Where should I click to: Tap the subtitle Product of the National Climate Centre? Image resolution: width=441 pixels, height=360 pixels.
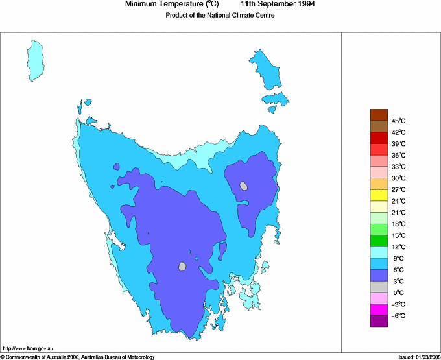pyautogui.click(x=220, y=16)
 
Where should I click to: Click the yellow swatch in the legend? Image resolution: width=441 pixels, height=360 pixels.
pyautogui.click(x=379, y=195)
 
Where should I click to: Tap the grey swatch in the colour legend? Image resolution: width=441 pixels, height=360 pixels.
pyautogui.click(x=379, y=287)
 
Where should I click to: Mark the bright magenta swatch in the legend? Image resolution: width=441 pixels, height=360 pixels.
pyautogui.click(x=379, y=309)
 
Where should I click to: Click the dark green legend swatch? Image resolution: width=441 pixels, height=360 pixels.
pyautogui.click(x=379, y=241)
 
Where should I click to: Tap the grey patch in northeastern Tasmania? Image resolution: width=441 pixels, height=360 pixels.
pyautogui.click(x=244, y=186)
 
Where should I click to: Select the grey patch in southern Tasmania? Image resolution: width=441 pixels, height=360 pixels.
pyautogui.click(x=183, y=266)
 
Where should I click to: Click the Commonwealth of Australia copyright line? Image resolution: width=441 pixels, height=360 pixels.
pyautogui.click(x=78, y=357)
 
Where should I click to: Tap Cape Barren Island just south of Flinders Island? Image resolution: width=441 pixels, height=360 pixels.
pyautogui.click(x=276, y=99)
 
